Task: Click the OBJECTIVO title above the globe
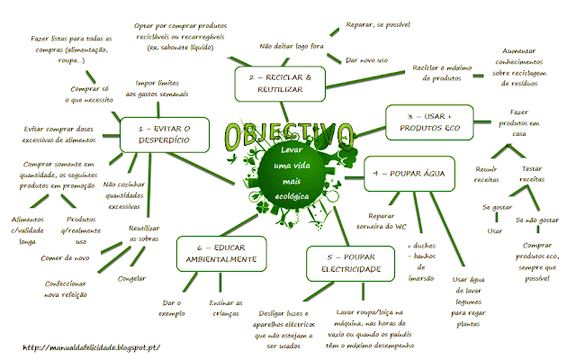pos(289,134)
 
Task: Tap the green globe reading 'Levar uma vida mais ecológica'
pos(292,174)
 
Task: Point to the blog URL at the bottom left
pos(92,347)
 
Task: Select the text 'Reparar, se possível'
pos(378,25)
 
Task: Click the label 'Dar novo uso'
pos(366,60)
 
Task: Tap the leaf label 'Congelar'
pos(131,279)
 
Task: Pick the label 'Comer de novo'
pos(65,258)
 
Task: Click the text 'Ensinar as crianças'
pos(226,308)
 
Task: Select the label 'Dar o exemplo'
pos(172,308)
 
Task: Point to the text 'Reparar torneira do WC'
pos(382,221)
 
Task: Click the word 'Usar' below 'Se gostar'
pos(495,231)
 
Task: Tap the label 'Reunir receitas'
pos(486,174)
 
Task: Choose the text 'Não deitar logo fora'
pos(292,46)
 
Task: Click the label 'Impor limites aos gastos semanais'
pos(157,88)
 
